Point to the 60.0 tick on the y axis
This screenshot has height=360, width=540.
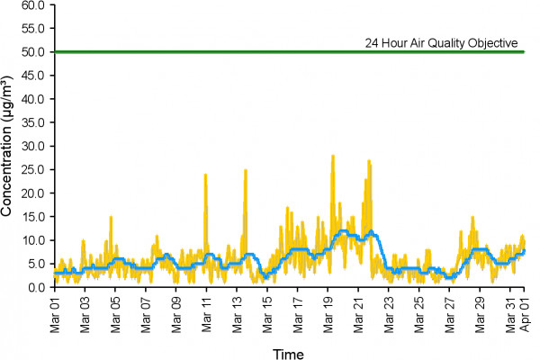coord(33,4)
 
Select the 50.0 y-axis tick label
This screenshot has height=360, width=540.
coord(33,51)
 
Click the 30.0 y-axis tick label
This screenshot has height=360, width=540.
coord(33,146)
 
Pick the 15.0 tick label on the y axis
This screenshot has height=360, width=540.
coord(33,217)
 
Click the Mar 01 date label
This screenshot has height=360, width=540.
coord(55,309)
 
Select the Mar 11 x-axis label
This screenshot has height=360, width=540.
coord(206,309)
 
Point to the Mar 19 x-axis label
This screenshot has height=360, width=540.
coord(328,309)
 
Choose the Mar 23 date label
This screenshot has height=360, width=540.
coord(388,309)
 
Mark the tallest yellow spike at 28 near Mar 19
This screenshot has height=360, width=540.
coord(333,156)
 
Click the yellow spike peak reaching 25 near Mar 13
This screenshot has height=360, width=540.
coord(245,170)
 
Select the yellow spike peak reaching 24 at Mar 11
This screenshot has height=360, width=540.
coord(205,175)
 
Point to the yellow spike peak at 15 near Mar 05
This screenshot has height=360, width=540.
coord(111,217)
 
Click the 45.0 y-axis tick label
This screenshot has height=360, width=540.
coord(33,75)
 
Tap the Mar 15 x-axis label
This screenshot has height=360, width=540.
coord(266,309)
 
